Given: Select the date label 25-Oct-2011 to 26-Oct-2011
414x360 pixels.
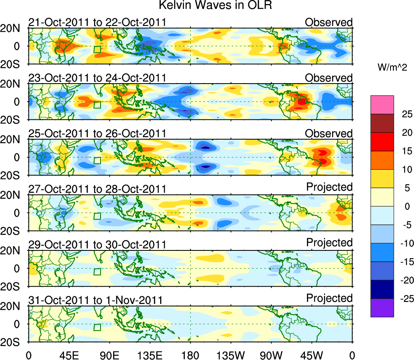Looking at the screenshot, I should (97, 134).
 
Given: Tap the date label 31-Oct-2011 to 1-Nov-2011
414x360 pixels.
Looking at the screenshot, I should (96, 300).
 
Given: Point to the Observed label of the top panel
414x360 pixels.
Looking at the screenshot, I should (328, 22).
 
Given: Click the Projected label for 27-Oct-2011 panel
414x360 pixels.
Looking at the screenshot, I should (329, 187).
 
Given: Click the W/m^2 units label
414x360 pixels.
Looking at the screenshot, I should (393, 68).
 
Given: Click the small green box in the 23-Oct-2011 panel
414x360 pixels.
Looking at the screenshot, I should (97, 105).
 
